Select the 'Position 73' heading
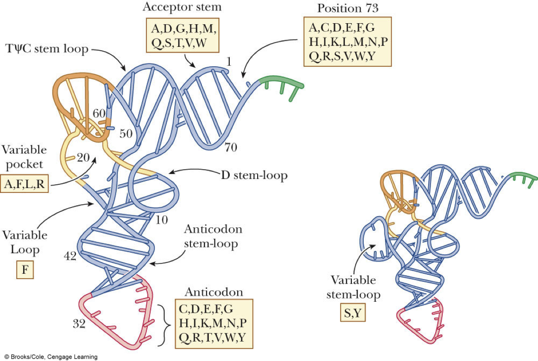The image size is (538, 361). pos(347,9)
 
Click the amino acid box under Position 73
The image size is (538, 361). pos(347,42)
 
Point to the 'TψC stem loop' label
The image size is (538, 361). pos(46,49)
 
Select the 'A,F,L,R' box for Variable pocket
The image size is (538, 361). pos(25,184)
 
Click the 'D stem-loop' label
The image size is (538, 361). pos(254,175)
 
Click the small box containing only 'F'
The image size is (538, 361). pos(24,270)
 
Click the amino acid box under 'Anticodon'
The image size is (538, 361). pos(214,325)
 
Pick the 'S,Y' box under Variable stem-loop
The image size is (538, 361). pos(353,314)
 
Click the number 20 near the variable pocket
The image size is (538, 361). pos(83,158)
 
